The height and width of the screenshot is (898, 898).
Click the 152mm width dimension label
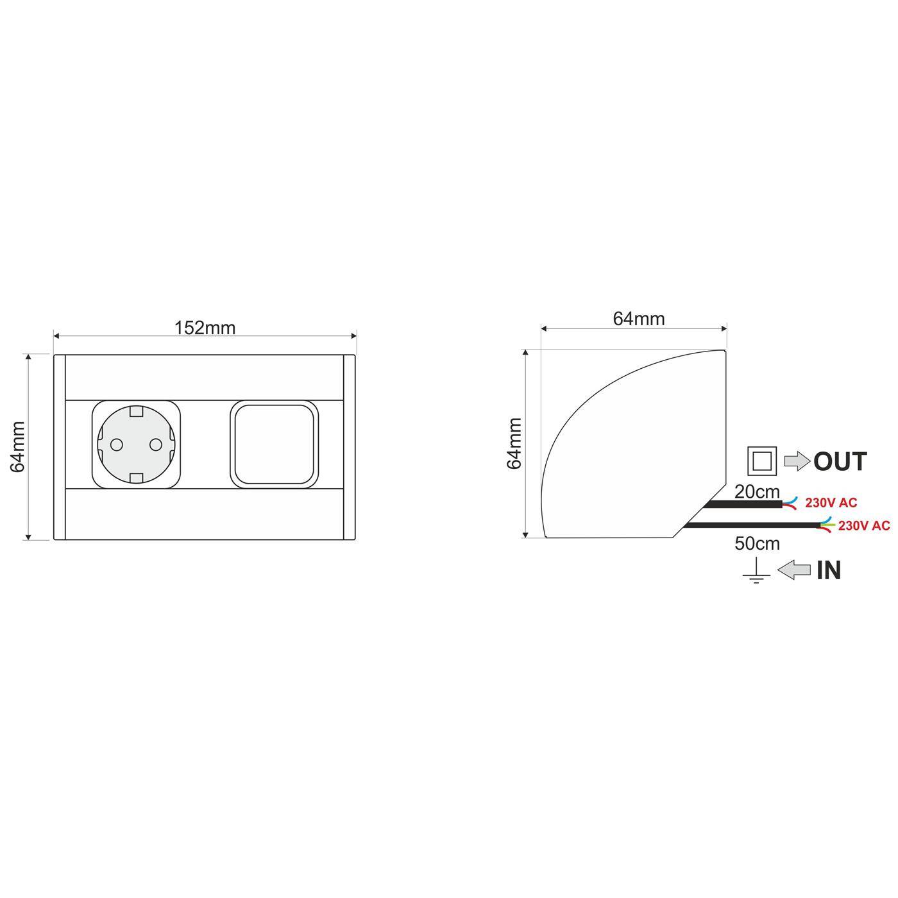coord(205,328)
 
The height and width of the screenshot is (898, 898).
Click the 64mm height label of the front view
coord(18,446)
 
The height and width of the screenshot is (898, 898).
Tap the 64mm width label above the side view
coord(638,319)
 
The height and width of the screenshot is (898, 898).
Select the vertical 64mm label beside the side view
coord(514,443)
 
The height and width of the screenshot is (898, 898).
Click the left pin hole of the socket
coord(116,445)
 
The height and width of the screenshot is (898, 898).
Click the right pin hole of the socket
coord(156,445)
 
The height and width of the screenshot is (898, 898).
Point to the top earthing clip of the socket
coord(136,411)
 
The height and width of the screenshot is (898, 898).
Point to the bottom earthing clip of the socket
coord(136,478)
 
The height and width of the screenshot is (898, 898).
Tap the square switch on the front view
coord(275,445)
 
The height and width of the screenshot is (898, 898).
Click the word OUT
coord(840,461)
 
